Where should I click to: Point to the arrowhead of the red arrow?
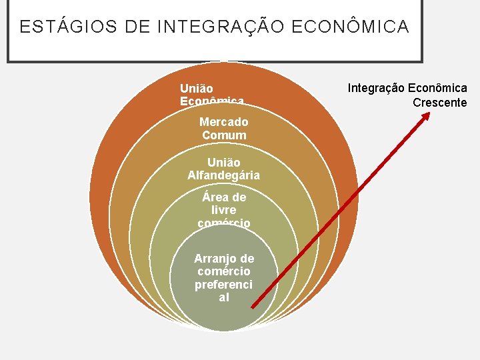(x=426, y=115)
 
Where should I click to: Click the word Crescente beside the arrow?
(x=439, y=103)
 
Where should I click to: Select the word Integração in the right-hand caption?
(x=375, y=88)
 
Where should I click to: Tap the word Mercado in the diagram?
(x=224, y=122)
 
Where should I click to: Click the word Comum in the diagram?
(x=224, y=135)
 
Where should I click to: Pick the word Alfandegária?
(x=224, y=176)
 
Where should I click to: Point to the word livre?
(x=224, y=210)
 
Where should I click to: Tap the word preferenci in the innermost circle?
(x=224, y=285)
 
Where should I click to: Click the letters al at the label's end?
(x=224, y=297)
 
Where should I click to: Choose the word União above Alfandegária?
(x=224, y=163)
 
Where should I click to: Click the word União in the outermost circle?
(x=197, y=88)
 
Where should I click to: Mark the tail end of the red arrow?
(x=251, y=307)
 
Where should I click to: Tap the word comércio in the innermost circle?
(x=224, y=271)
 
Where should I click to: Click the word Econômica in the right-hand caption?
(x=437, y=88)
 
